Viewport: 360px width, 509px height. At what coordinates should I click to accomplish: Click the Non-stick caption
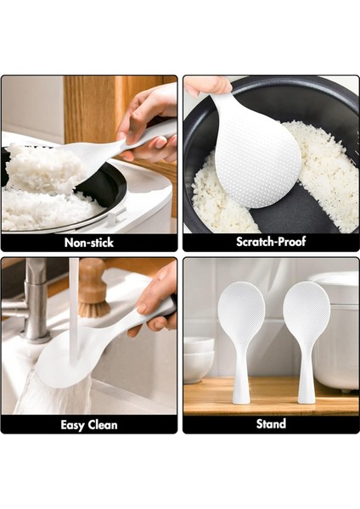[x=89, y=243]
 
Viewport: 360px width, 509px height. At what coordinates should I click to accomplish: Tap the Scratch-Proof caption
[x=271, y=243]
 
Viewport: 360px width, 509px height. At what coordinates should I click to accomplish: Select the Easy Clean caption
[x=89, y=424]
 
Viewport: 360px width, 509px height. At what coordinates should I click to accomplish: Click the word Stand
[x=271, y=424]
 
